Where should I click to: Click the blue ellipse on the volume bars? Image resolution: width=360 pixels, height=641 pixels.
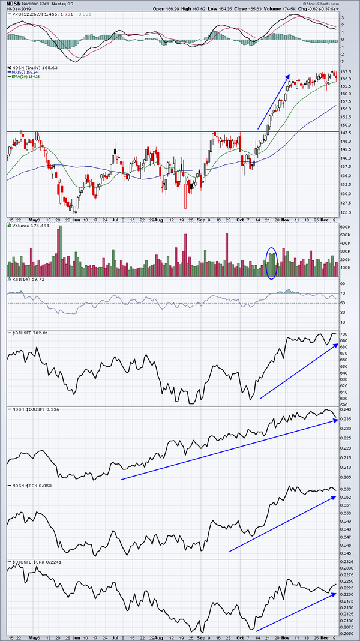[x=271, y=262]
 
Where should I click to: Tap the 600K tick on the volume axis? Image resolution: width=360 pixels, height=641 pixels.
[x=346, y=227]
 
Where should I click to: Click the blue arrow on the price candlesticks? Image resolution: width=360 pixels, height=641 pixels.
[x=274, y=101]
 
